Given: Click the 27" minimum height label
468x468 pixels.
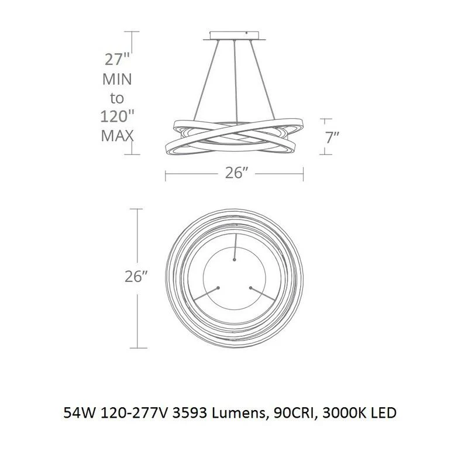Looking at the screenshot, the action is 118,59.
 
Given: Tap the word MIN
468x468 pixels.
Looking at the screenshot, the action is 117,79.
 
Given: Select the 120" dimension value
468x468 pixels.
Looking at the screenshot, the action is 117,116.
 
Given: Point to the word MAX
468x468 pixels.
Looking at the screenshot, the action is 117,136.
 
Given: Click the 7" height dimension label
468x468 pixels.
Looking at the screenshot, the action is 332,137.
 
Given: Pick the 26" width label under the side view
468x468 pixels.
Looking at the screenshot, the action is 236,172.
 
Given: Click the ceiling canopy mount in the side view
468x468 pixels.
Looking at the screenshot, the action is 235,36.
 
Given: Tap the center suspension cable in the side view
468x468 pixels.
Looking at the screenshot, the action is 236,81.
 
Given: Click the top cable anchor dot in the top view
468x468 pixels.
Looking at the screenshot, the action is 235,260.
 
